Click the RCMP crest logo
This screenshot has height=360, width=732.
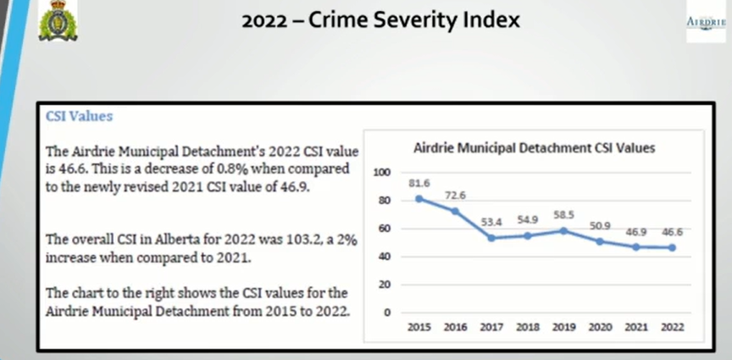(58, 21)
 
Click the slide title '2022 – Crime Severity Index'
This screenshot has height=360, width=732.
(380, 19)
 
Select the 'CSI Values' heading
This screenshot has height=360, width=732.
(79, 116)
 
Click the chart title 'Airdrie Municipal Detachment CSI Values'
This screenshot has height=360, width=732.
(534, 147)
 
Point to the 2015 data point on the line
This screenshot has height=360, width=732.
(419, 198)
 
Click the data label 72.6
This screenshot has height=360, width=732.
(456, 195)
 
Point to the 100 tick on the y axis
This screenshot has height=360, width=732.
(382, 172)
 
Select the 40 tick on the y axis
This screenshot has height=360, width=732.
(384, 256)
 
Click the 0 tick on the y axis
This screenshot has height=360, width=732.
(387, 312)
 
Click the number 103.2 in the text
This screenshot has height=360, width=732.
(204, 241)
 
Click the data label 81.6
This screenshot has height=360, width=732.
(419, 182)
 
